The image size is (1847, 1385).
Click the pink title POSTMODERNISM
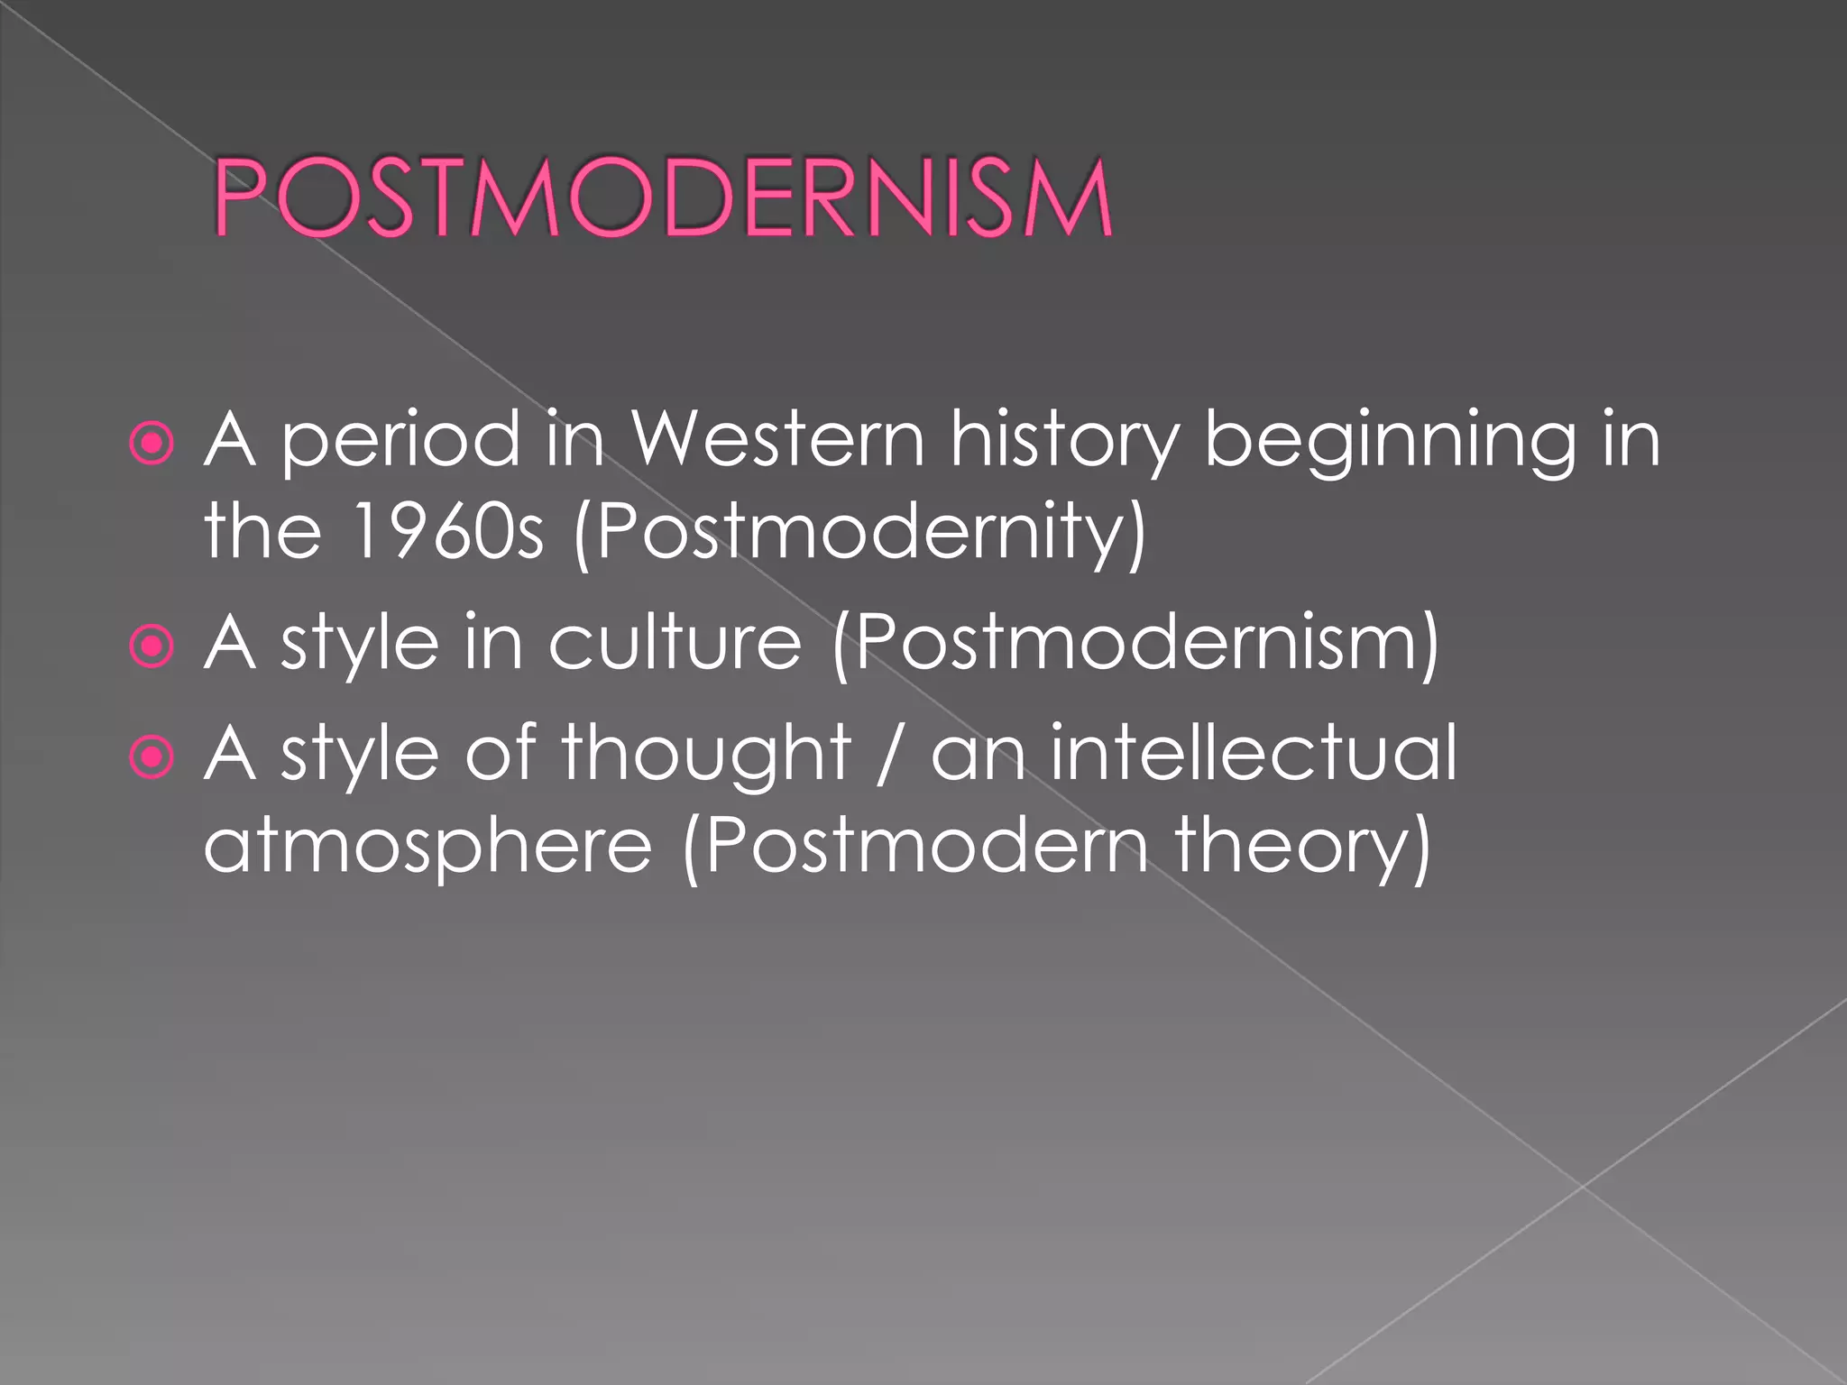[x=663, y=197]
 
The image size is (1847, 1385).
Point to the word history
[x=1064, y=442]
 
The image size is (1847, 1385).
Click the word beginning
[x=1390, y=442]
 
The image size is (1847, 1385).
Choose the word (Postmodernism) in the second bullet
[x=1135, y=644]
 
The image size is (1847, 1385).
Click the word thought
[x=706, y=756]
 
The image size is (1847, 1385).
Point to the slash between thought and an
[x=889, y=756]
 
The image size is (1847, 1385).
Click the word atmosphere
[x=427, y=848]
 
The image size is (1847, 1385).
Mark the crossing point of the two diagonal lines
[x=1583, y=1187]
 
